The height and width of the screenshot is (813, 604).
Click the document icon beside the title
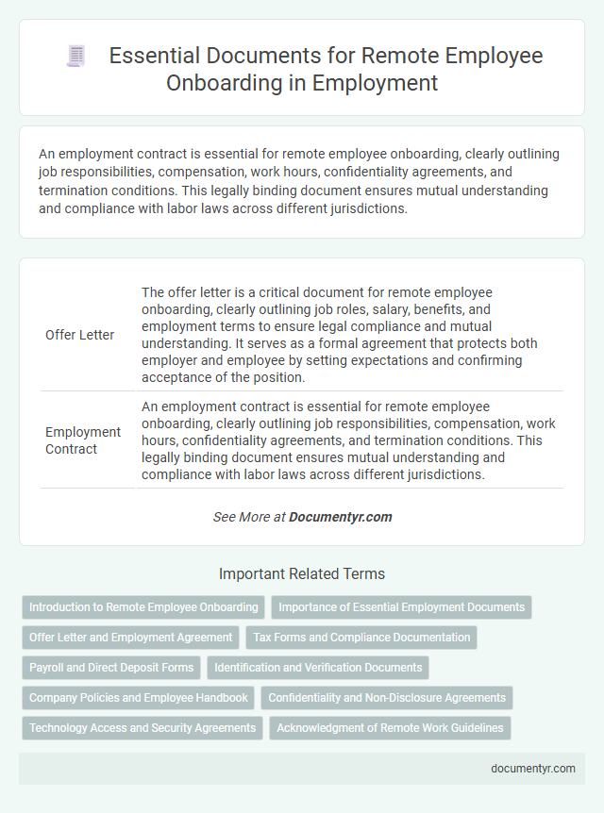(75, 57)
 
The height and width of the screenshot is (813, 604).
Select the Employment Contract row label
(83, 440)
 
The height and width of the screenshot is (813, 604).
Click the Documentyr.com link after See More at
(340, 517)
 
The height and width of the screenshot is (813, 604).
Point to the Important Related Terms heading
(302, 573)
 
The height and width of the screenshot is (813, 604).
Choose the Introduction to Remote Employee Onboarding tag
(143, 607)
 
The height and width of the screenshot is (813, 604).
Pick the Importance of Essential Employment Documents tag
(401, 607)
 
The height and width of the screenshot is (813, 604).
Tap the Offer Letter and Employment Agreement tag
(130, 638)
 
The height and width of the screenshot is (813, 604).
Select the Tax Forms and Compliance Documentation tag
(361, 638)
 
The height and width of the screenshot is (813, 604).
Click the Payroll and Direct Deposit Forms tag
(111, 668)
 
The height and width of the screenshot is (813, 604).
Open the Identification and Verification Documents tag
(318, 668)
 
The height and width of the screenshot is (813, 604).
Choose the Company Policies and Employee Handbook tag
(138, 698)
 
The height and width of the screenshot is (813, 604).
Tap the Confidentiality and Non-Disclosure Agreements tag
(387, 698)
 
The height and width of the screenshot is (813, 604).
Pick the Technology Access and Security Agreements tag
(143, 728)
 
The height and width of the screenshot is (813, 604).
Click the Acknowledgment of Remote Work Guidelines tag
(391, 728)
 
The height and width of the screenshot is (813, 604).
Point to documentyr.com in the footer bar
(533, 768)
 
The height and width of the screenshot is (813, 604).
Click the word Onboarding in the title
(219, 82)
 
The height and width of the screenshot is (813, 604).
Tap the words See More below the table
(236, 517)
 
